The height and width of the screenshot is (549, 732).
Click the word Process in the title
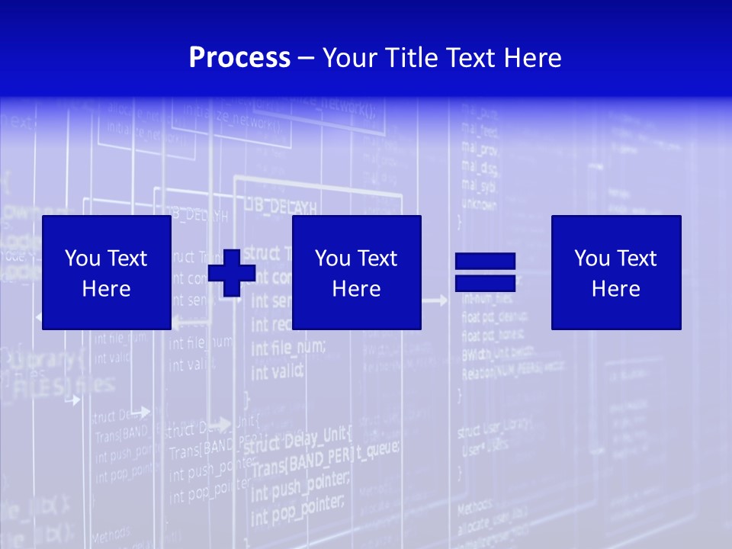pyautogui.click(x=239, y=58)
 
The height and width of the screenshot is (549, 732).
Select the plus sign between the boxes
pyautogui.click(x=231, y=273)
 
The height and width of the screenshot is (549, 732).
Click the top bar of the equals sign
pyautogui.click(x=485, y=262)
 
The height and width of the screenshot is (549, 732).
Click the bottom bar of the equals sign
pyautogui.click(x=485, y=283)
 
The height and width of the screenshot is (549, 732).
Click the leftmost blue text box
pyautogui.click(x=106, y=272)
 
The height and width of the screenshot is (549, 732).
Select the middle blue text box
pyautogui.click(x=356, y=272)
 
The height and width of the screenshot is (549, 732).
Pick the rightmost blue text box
pyautogui.click(x=615, y=272)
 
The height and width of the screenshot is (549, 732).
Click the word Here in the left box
pyautogui.click(x=106, y=289)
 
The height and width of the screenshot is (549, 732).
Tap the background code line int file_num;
pyautogui.click(x=287, y=349)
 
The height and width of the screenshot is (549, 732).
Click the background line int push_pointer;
pyautogui.click(x=300, y=482)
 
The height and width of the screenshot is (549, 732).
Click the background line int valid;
pyautogui.click(x=277, y=371)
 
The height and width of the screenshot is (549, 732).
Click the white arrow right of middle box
pyautogui.click(x=435, y=301)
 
